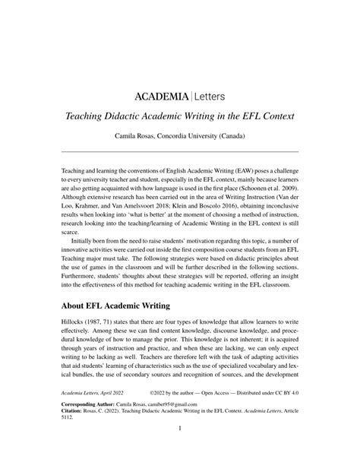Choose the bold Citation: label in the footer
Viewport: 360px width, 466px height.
(x=74, y=435)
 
